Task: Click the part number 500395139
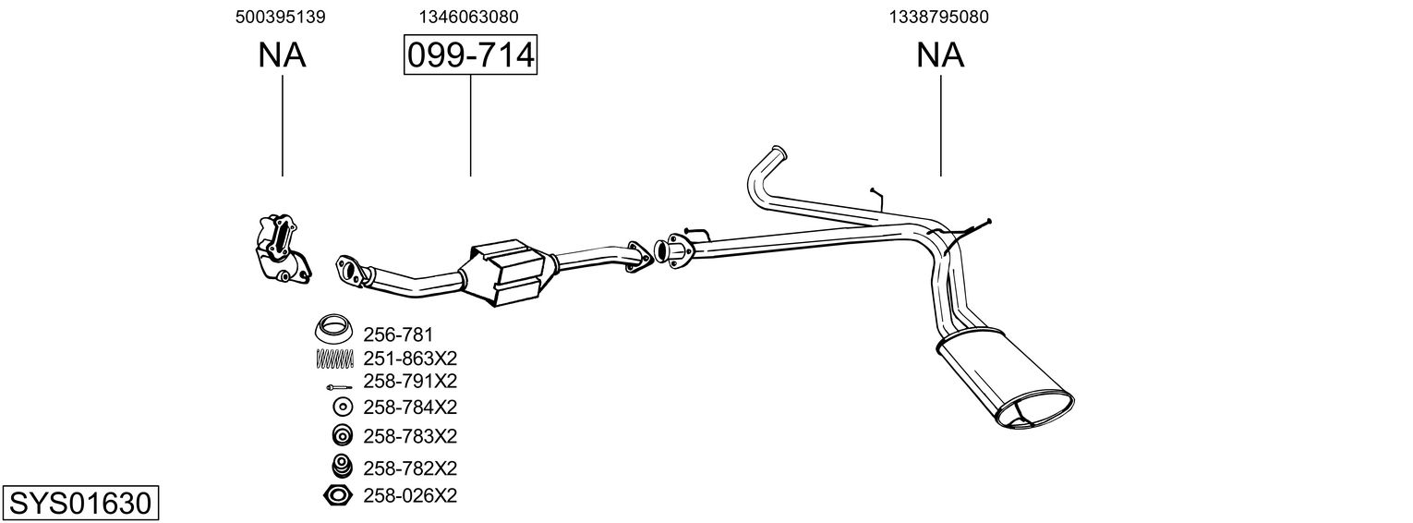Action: pos(281,17)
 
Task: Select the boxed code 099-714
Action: pos(470,55)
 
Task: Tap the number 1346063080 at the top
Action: pos(468,17)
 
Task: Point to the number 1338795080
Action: pos(939,17)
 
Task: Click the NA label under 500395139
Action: pos(282,55)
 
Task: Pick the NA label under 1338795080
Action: pos(940,55)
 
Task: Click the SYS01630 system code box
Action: pos(79,504)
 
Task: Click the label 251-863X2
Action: pos(410,358)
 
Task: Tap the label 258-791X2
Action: pos(410,381)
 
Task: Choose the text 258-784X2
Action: pos(410,407)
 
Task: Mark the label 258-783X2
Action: pos(410,435)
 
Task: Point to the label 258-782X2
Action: pos(410,468)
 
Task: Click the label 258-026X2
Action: pos(410,496)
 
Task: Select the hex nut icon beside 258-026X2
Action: pos(339,496)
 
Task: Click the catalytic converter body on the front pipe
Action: pos(512,274)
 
